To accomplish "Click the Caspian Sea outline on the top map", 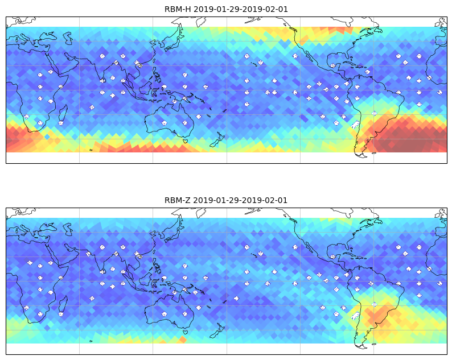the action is (x=68, y=38).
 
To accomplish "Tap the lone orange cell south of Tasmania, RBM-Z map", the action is (x=183, y=340).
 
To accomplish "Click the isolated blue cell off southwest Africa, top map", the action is (x=47, y=137).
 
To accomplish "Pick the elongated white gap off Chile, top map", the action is (x=356, y=125).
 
